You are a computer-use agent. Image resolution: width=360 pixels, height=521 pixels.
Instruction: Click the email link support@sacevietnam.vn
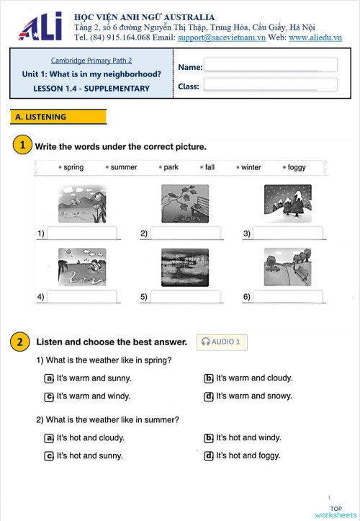click(221, 37)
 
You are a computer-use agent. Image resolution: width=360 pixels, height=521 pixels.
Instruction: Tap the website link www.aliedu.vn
click(315, 37)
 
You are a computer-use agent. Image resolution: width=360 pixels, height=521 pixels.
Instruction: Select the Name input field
click(269, 66)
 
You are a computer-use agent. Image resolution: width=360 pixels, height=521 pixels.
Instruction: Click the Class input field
click(269, 85)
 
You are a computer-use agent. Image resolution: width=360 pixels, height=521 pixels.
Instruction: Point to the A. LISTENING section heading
click(58, 117)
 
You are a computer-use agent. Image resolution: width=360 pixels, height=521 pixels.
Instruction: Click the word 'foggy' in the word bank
click(296, 167)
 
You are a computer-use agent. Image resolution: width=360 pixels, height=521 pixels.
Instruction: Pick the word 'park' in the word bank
click(171, 167)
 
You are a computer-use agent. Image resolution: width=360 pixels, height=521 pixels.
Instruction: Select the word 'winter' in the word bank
click(251, 167)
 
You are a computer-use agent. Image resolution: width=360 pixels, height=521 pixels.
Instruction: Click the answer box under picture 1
click(81, 233)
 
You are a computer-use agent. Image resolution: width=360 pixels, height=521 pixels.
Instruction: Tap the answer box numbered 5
click(186, 296)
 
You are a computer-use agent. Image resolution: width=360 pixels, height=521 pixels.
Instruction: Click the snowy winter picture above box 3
click(287, 203)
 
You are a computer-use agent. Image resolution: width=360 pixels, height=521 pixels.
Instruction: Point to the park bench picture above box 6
click(287, 267)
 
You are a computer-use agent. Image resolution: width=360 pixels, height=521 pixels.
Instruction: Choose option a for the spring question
click(49, 378)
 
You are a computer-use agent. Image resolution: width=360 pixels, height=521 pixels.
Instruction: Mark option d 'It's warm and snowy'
click(209, 396)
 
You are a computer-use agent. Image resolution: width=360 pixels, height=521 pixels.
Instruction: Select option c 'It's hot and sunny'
click(49, 455)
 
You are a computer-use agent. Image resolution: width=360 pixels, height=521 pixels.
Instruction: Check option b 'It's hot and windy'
click(209, 437)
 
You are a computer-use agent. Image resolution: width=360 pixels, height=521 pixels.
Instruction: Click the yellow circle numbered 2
click(22, 342)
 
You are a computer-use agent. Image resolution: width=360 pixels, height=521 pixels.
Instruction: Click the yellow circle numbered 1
click(22, 146)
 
